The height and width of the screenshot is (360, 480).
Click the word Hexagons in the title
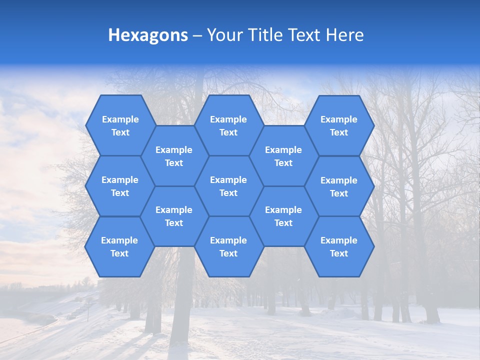click(148, 35)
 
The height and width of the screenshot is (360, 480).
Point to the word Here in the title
click(344, 35)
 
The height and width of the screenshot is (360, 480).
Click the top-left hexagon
click(120, 125)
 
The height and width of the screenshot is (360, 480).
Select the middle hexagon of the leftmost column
click(120, 186)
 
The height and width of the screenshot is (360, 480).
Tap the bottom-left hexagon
click(119, 246)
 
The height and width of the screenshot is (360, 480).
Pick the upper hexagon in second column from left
click(174, 156)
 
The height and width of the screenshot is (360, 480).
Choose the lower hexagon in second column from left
click(174, 216)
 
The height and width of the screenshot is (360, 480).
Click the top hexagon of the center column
click(228, 125)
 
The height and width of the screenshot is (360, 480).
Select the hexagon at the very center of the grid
click(228, 186)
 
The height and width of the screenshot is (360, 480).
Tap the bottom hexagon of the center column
click(228, 246)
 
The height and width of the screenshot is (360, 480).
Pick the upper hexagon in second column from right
click(283, 156)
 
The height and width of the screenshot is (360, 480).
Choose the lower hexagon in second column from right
click(283, 216)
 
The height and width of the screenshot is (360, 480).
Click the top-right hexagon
click(339, 125)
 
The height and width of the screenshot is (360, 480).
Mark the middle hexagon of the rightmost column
click(339, 186)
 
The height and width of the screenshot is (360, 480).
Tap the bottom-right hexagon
click(339, 246)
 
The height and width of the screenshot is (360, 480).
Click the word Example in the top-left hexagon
click(120, 119)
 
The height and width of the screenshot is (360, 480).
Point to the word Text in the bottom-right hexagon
click(339, 253)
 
